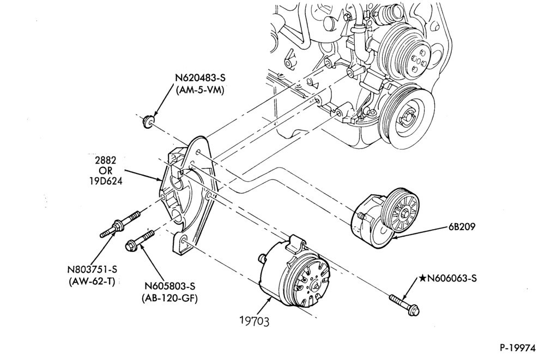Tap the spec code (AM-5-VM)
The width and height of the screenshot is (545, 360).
[200, 90]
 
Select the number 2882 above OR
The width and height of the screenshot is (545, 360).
[106, 160]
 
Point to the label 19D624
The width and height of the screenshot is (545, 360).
[106, 181]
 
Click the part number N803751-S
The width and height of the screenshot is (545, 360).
[92, 269]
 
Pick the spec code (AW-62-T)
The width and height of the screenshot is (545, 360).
[92, 281]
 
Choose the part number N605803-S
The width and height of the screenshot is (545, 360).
[170, 286]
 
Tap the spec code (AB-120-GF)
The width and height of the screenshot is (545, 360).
[170, 299]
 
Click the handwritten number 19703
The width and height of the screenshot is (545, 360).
[255, 321]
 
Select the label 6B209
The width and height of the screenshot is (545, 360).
[461, 227]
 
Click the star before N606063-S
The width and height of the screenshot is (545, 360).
[422, 278]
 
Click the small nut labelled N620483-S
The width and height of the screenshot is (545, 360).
[148, 122]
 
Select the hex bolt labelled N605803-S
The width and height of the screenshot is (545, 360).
[140, 239]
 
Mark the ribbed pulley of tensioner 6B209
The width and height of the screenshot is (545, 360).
[399, 210]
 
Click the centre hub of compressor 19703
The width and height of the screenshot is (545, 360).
[316, 286]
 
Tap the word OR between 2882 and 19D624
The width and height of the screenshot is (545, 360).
[106, 171]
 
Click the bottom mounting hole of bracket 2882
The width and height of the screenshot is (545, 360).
[184, 241]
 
